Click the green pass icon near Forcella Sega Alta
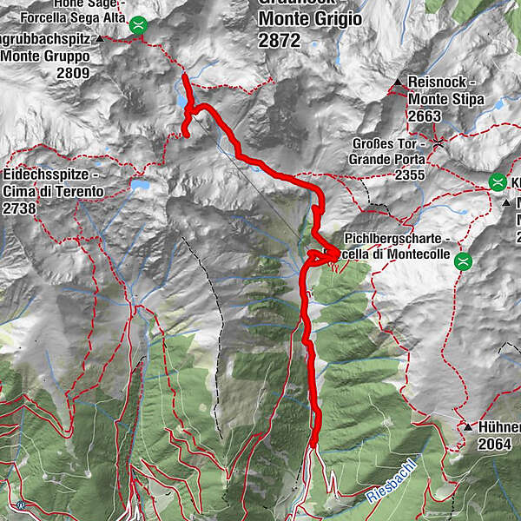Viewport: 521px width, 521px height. [x=137, y=26]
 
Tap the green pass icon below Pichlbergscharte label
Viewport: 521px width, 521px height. [x=464, y=260]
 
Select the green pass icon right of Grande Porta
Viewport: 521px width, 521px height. [x=498, y=182]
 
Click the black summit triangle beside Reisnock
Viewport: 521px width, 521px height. [x=398, y=82]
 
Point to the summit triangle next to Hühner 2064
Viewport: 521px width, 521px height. [x=467, y=427]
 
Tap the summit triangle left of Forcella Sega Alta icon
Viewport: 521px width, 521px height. [x=101, y=39]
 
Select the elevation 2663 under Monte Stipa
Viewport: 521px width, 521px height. [x=425, y=116]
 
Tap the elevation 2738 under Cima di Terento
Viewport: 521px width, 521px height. [x=18, y=208]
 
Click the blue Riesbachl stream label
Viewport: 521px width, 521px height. [x=392, y=481]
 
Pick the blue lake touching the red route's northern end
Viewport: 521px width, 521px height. [x=183, y=98]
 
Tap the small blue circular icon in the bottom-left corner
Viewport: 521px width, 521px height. [x=20, y=504]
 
